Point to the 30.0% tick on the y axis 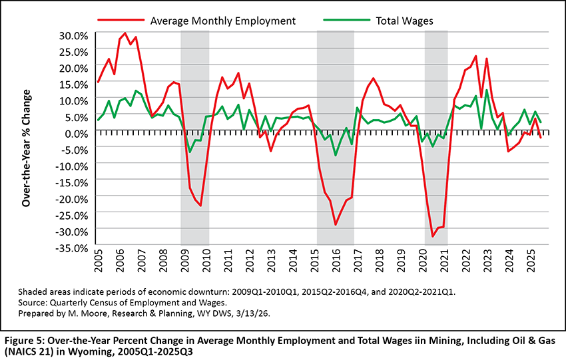(x=71, y=35)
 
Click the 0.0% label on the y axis (x=75, y=133)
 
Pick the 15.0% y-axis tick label (x=71, y=84)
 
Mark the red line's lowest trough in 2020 (x=433, y=236)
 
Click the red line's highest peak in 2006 (x=125, y=33)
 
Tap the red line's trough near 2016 (x=336, y=224)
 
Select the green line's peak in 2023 (x=487, y=90)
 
